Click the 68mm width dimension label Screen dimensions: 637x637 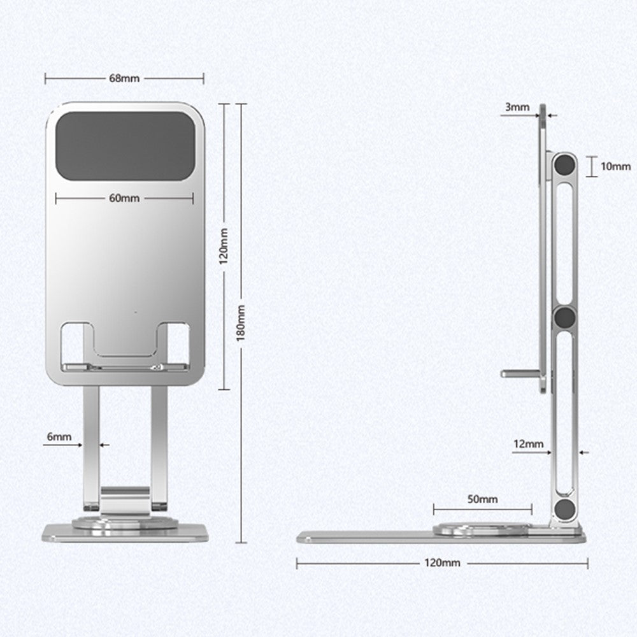(124, 78)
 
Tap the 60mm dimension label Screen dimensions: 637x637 (124, 198)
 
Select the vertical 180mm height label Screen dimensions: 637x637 (241, 323)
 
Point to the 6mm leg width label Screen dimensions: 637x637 (59, 437)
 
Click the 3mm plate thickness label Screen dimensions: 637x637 (517, 107)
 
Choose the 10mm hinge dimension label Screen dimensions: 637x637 (616, 166)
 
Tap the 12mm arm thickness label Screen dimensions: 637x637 (529, 444)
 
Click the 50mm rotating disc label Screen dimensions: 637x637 (483, 499)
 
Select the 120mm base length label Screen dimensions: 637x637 (443, 562)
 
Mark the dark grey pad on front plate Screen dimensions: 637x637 (125, 147)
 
